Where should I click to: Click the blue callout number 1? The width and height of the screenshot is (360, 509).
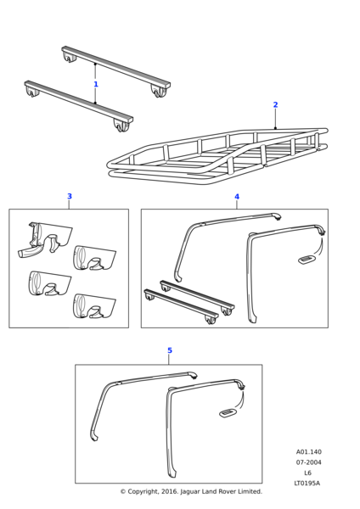[x=96, y=84]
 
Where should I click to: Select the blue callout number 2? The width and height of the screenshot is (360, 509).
[x=276, y=104]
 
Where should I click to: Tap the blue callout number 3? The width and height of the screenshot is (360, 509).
[x=70, y=196]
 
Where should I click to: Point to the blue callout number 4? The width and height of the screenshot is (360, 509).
[x=237, y=197]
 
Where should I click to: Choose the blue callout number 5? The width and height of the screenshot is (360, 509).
[x=170, y=350]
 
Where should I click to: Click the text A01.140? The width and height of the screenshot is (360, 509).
[x=308, y=452]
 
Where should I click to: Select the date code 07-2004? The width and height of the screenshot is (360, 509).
[x=308, y=462]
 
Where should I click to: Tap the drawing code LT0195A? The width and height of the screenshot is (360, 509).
[x=307, y=483]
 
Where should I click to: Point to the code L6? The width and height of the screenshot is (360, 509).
[x=307, y=473]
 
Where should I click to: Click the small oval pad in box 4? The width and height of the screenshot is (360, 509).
[x=307, y=259]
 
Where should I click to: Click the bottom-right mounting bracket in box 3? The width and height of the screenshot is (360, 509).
[x=94, y=305]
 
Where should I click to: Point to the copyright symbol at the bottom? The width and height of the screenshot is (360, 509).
[x=123, y=492]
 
